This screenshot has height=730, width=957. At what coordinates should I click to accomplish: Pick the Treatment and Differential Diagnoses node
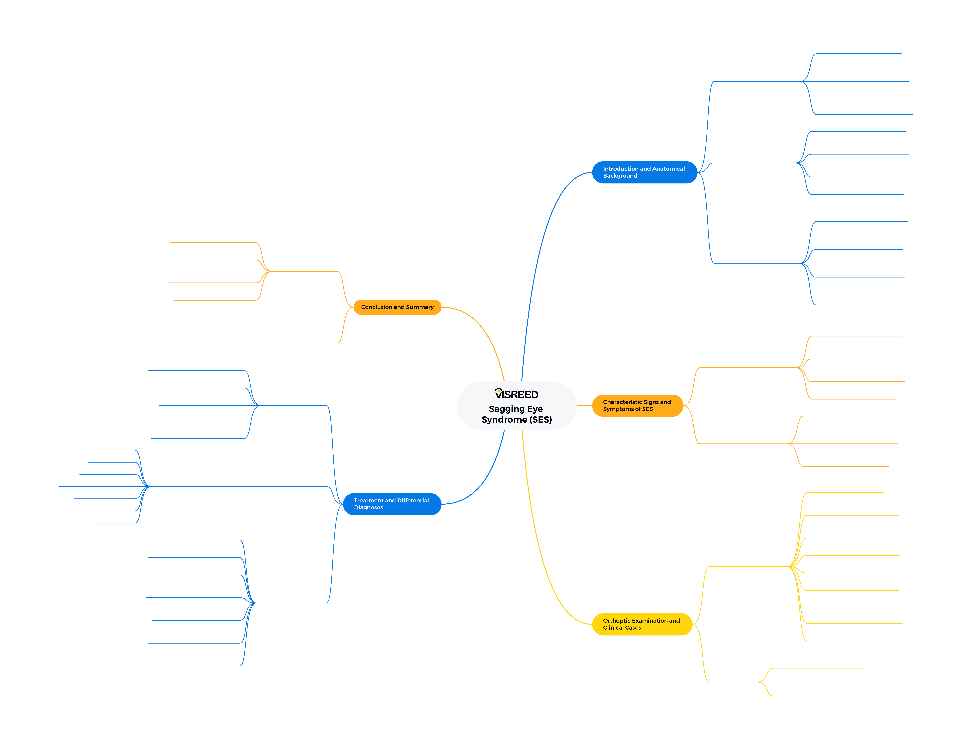[392, 504]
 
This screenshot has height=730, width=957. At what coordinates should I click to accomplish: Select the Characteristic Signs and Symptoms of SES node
[637, 405]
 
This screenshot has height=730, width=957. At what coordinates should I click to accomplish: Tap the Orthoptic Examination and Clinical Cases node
[642, 624]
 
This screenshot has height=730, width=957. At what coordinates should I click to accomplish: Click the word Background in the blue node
[620, 176]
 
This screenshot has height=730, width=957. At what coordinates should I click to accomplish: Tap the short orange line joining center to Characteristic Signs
[584, 406]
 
